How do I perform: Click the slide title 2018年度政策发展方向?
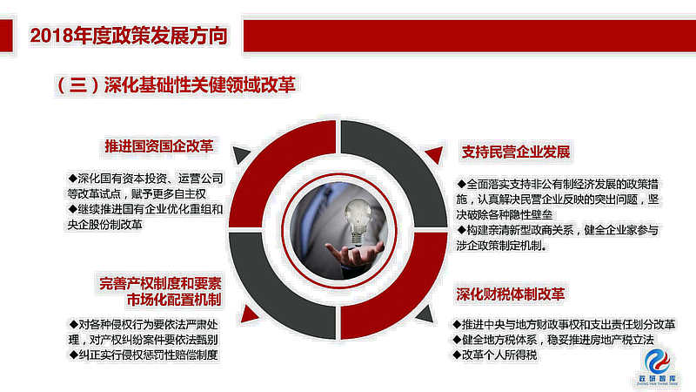pos(129,36)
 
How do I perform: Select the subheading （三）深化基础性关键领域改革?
pos(176,84)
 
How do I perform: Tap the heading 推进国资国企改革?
pos(159,146)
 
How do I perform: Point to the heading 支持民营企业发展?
pos(516,152)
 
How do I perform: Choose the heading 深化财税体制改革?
pos(511,294)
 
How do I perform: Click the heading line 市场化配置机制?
pos(174,300)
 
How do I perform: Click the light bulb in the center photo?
pos(358,221)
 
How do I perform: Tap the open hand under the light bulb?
pos(354,253)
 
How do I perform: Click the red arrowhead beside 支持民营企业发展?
pos(436,154)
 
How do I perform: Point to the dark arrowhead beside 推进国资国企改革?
pos(240,154)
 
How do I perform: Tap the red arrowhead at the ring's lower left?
pos(249,314)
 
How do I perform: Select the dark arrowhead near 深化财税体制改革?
pos(425,314)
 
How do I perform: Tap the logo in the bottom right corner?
pos(658,366)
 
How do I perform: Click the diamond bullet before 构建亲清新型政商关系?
pos(462,230)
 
